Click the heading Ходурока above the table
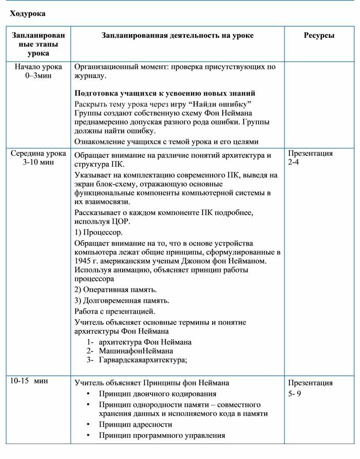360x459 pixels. coord(28,14)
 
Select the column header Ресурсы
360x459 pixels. coord(319,35)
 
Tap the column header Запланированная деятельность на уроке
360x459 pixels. coord(177,35)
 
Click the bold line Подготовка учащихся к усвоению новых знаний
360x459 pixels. coord(165,93)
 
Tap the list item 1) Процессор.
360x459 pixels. coord(99,232)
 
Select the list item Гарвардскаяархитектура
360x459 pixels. coord(143,360)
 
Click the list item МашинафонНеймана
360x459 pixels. coord(136,351)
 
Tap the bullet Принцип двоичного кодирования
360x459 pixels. coord(157,394)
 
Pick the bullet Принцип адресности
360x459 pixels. coord(135,425)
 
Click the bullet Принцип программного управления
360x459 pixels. coord(162,436)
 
